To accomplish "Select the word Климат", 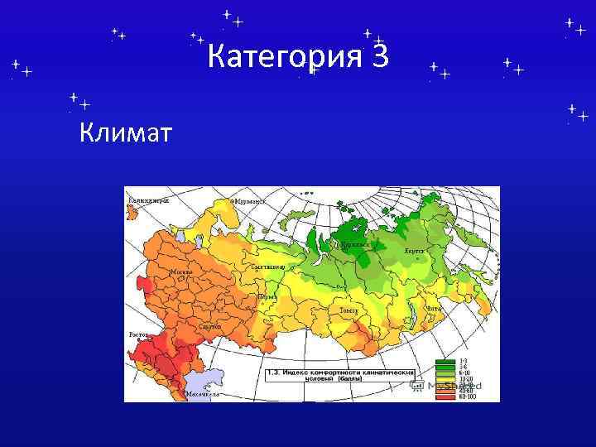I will pos(127,131).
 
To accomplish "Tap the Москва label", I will pos(180,272).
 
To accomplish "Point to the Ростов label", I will pos(137,334).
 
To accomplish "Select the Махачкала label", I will pos(203,394).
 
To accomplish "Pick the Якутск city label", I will pos(414,250).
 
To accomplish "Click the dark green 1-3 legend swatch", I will pos(445,362).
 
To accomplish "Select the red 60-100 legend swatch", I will pos(445,397).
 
